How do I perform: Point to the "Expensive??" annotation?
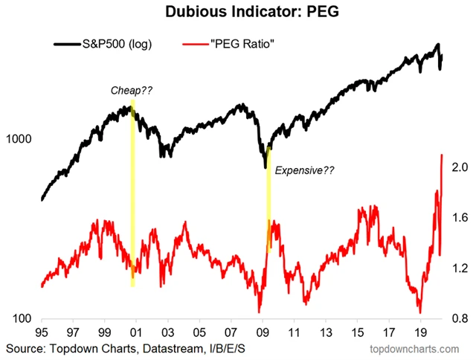[305, 170]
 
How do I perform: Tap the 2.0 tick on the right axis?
[459, 167]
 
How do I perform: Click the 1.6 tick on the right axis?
[459, 218]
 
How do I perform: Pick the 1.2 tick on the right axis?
[459, 269]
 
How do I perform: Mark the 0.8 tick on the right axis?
[459, 319]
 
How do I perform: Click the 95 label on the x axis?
[42, 332]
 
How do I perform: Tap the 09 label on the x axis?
[263, 332]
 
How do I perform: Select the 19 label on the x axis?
[420, 332]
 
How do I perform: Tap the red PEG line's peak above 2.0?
[443, 155]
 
